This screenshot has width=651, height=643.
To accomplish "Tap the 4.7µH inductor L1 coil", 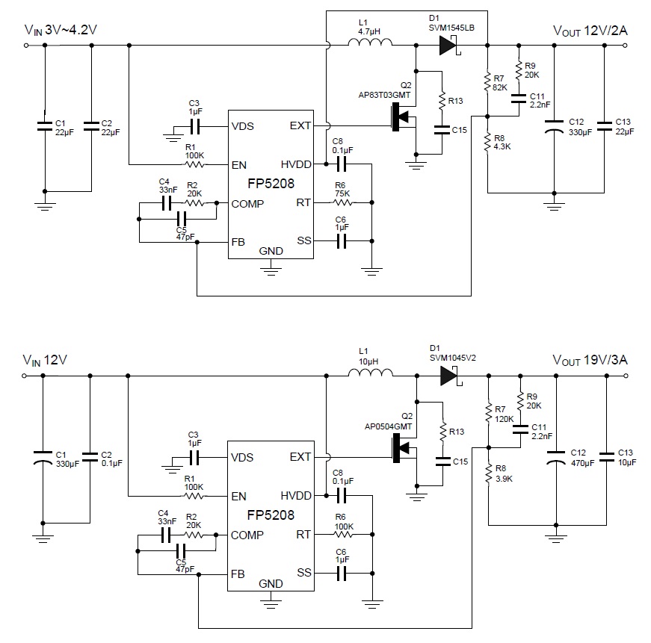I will point(371,46).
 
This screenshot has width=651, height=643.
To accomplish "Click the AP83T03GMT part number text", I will point(385,95).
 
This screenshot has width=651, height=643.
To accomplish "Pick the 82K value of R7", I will point(500,87).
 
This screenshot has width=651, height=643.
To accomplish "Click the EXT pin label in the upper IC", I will point(300,125).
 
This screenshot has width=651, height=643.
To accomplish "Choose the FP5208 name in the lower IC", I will point(270,515).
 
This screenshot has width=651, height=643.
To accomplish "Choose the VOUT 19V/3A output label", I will point(590,360).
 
